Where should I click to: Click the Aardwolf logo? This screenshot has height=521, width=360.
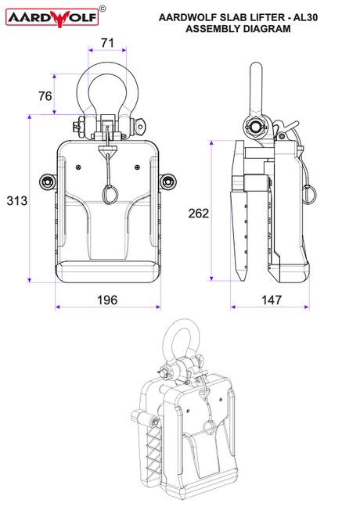[x=52, y=18]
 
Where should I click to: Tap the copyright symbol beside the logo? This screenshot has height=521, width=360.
[x=103, y=9]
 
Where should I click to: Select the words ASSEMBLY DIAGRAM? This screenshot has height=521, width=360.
[x=238, y=29]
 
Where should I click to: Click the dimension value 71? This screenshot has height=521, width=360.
[x=107, y=43]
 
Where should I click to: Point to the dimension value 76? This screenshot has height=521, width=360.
[x=45, y=96]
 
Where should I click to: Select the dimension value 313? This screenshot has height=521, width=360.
[x=17, y=201]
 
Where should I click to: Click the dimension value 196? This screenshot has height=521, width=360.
[x=107, y=300]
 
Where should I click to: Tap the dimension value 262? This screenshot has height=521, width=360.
[x=199, y=214]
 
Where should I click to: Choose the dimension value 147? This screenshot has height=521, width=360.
[x=272, y=300]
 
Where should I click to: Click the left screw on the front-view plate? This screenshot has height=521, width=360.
[x=78, y=167]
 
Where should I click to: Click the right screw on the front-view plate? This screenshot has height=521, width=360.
[x=137, y=167]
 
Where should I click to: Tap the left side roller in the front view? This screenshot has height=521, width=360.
[x=47, y=181]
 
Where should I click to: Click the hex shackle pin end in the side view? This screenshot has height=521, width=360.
[x=255, y=127]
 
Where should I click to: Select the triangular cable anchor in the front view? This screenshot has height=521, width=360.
[x=107, y=150]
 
